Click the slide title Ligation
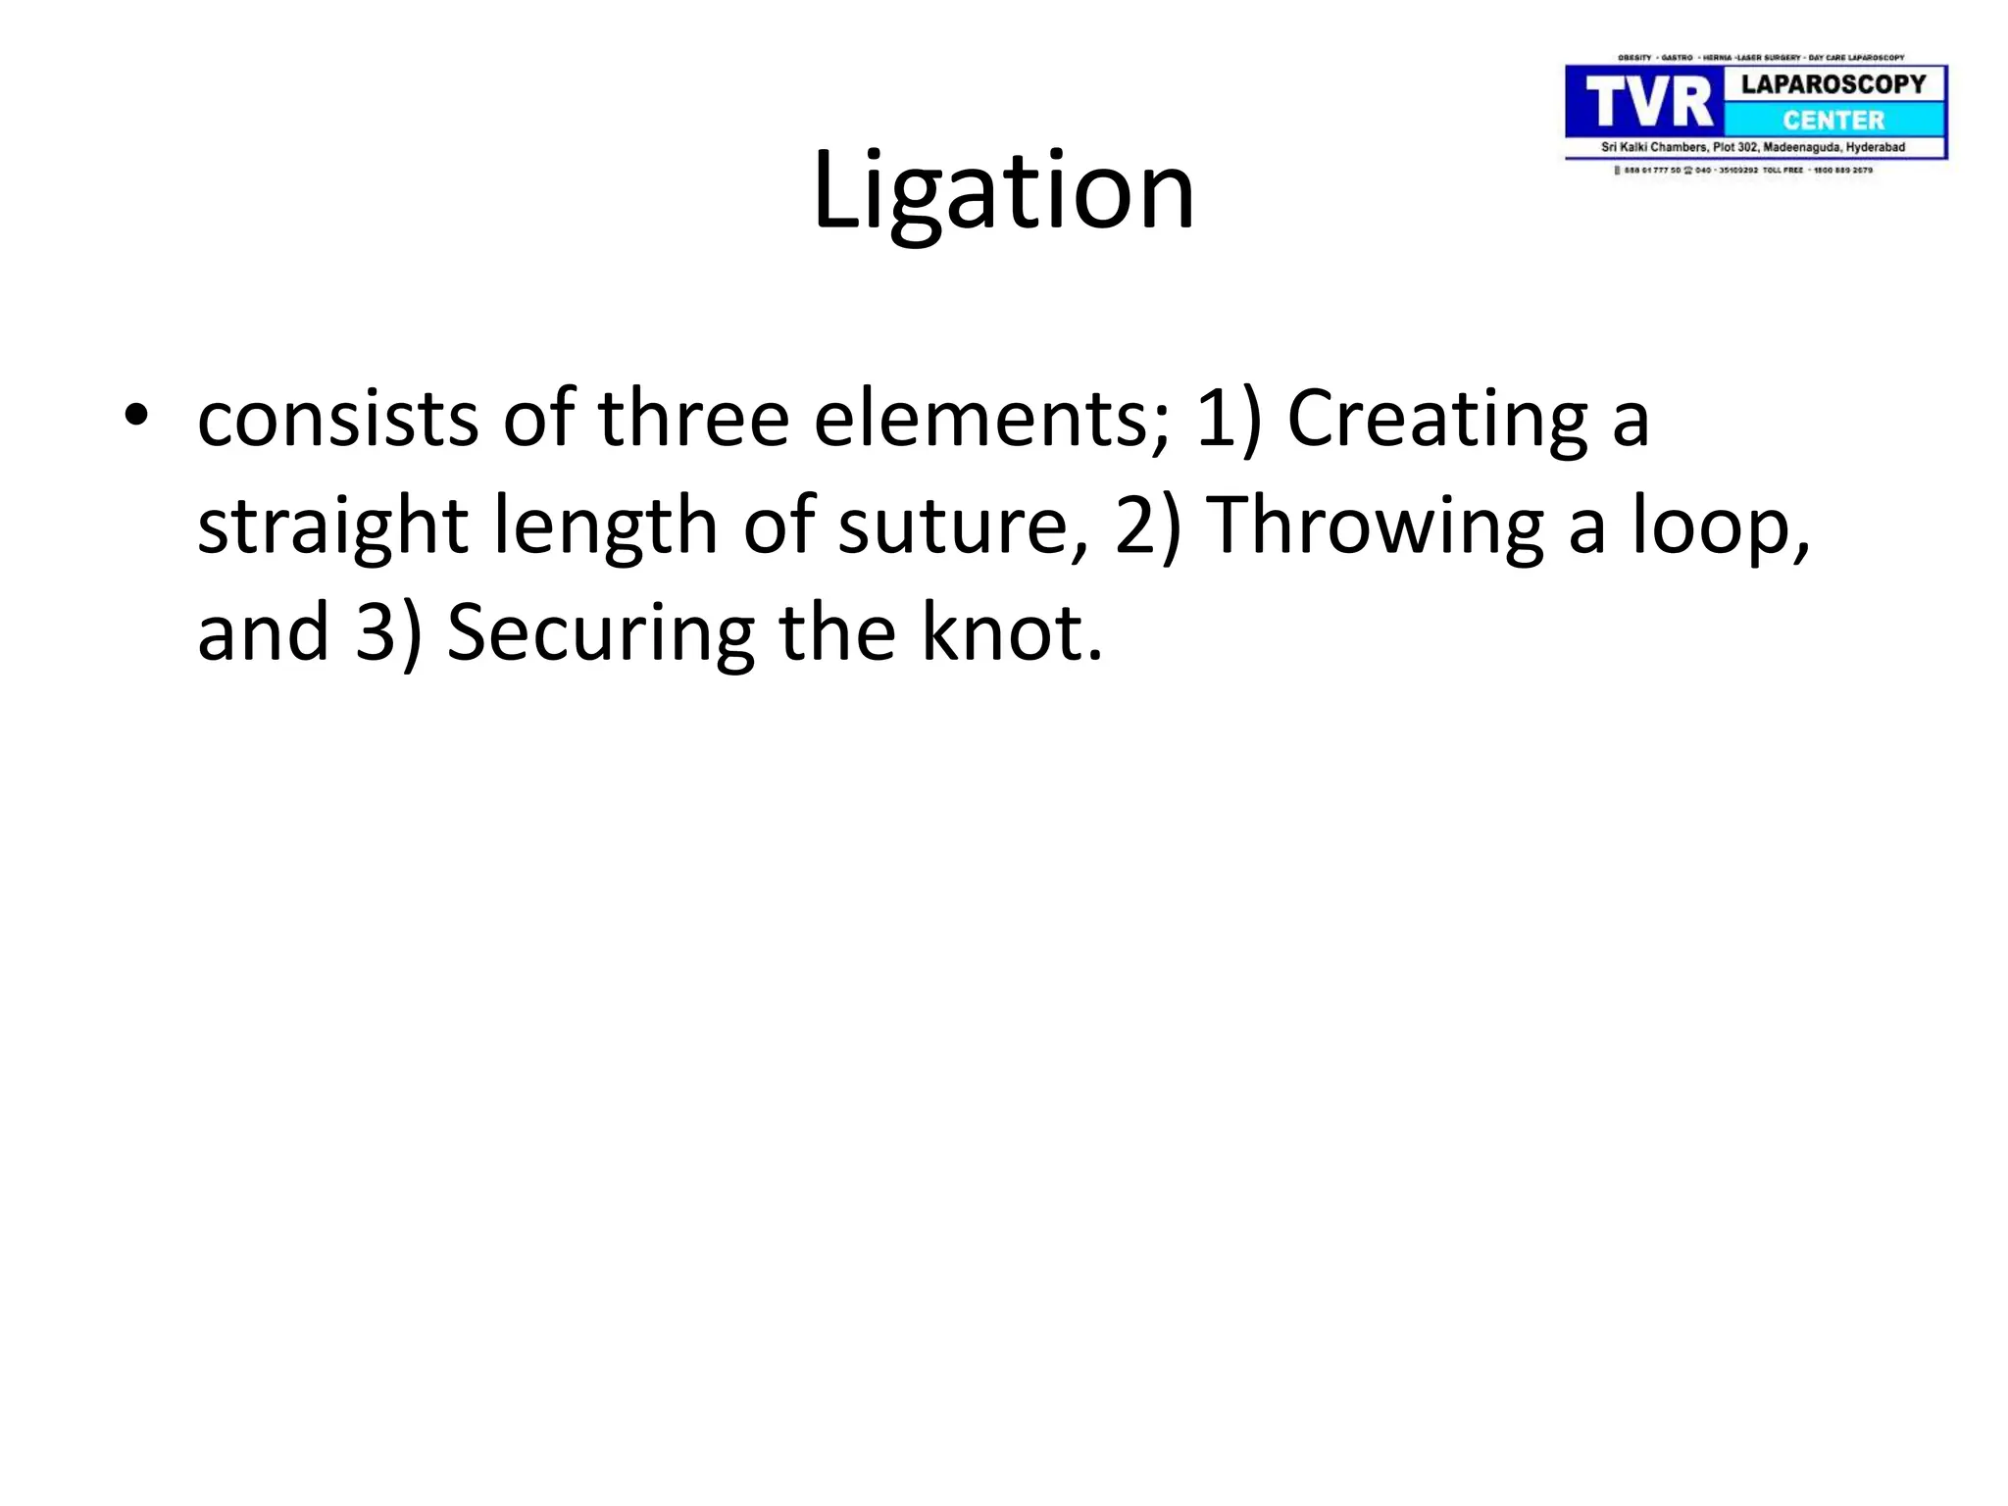point(1003,191)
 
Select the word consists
point(338,420)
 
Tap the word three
point(693,418)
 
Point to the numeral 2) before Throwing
point(1146,527)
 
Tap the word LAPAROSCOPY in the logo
point(1832,84)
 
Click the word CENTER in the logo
point(1832,121)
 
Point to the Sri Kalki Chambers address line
point(1753,148)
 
